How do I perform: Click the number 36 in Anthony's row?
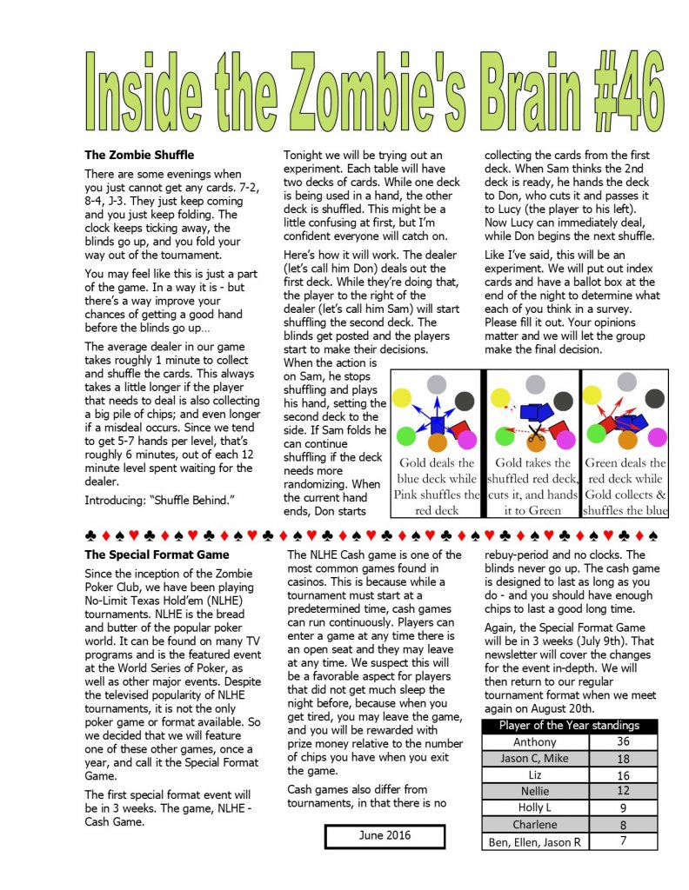coord(622,741)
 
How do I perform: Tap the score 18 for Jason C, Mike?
coord(622,759)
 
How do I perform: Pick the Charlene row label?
coord(535,825)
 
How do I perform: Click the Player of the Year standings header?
coord(568,725)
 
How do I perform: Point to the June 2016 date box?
coord(385,836)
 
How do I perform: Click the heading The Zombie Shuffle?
coord(139,155)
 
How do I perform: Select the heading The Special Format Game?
coord(157,555)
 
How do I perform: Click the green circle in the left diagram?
coord(405,435)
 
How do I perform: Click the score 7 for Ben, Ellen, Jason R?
coord(622,841)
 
